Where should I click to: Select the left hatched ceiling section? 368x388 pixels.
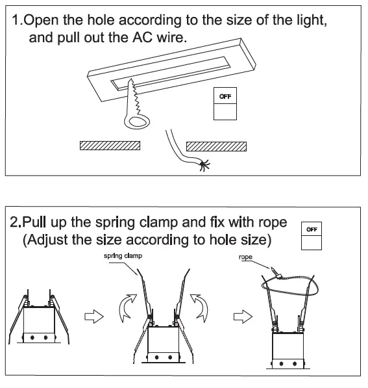point(110,146)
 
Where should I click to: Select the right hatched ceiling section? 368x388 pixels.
point(217,146)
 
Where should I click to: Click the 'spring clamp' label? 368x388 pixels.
point(123,257)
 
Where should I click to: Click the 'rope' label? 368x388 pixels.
point(245,257)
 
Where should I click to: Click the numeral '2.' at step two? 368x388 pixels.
point(18,222)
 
